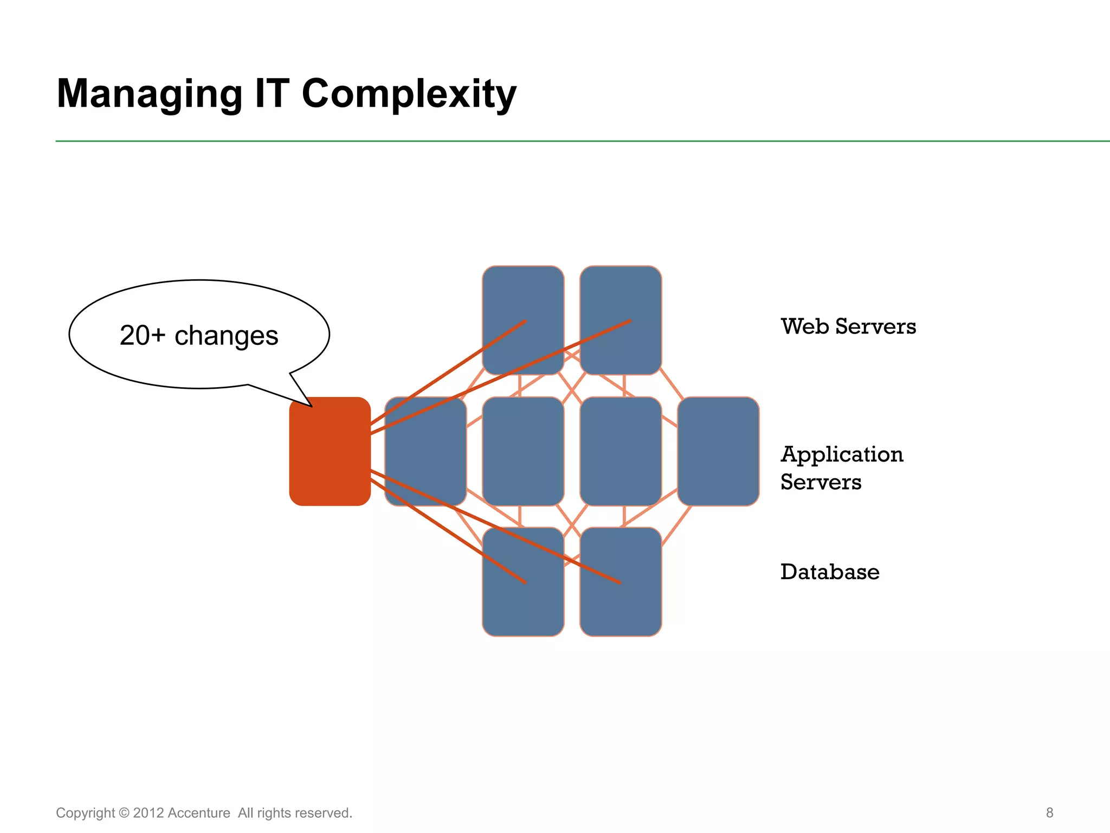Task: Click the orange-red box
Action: point(330,451)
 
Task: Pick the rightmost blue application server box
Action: point(718,451)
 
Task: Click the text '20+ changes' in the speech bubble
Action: point(199,335)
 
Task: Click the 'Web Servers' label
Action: point(848,326)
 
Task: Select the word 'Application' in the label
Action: point(842,454)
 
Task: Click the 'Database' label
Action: point(830,572)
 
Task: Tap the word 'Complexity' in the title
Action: point(409,94)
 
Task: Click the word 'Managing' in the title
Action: point(150,94)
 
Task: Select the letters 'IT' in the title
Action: point(272,93)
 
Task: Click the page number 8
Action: point(1049,812)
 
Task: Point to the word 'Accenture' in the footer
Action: point(199,813)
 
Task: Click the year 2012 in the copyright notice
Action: point(148,813)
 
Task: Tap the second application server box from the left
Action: point(523,451)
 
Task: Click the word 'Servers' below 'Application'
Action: point(821,482)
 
